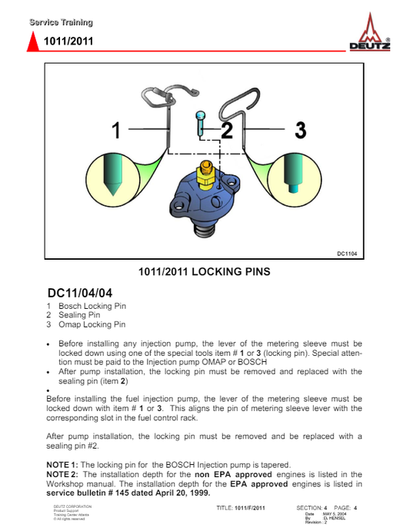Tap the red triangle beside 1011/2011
(x=33, y=41)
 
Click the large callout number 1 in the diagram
(x=116, y=130)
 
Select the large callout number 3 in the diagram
(x=301, y=130)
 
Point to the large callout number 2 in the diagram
(x=227, y=130)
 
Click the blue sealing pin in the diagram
(x=201, y=124)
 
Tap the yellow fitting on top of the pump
(x=206, y=174)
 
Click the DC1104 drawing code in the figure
(x=347, y=254)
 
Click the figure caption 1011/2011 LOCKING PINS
(x=205, y=271)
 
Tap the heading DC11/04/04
(x=80, y=293)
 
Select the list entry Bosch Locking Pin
(x=92, y=306)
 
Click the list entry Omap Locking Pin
(x=92, y=324)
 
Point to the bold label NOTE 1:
(x=62, y=465)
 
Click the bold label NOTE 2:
(x=62, y=474)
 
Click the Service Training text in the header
(x=61, y=22)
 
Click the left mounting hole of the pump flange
(x=178, y=204)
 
